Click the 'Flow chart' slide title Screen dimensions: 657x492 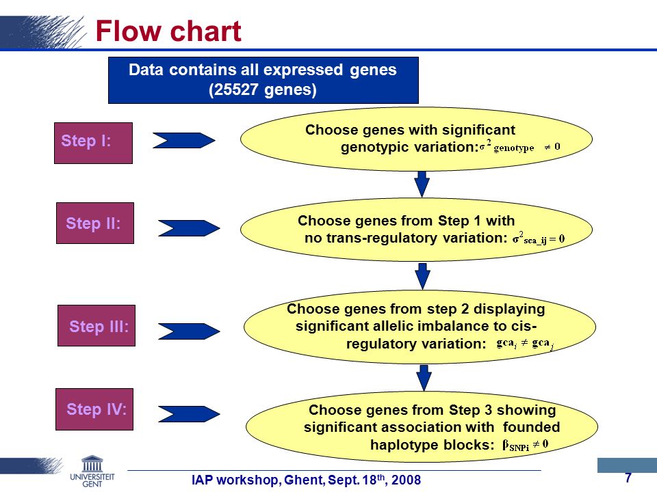pyautogui.click(x=168, y=31)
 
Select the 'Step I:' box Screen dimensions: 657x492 pyautogui.click(x=94, y=143)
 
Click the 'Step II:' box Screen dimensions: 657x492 pyautogui.click(x=95, y=223)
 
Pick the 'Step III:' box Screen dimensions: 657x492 pyautogui.click(x=96, y=325)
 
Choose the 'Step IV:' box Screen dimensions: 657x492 pyautogui.click(x=94, y=409)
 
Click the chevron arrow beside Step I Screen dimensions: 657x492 pyautogui.click(x=183, y=141)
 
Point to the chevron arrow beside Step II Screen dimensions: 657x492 pyautogui.click(x=189, y=228)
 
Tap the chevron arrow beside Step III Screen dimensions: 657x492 pyautogui.click(x=189, y=331)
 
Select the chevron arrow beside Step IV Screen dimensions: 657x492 pyautogui.click(x=189, y=414)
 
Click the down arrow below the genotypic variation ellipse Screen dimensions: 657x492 pyautogui.click(x=422, y=184)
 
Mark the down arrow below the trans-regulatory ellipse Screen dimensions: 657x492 pyautogui.click(x=423, y=276)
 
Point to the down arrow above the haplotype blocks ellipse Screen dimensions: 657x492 pyautogui.click(x=424, y=378)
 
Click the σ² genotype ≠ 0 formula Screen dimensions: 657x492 pyautogui.click(x=520, y=146)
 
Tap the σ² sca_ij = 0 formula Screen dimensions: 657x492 pyautogui.click(x=539, y=238)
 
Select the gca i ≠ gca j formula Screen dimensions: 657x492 pyautogui.click(x=525, y=344)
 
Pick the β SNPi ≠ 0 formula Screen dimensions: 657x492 pyautogui.click(x=526, y=445)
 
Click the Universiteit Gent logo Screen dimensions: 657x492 pyautogui.click(x=92, y=471)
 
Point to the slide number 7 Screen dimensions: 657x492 pyautogui.click(x=628, y=478)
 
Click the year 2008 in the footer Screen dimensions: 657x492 pyautogui.click(x=406, y=480)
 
